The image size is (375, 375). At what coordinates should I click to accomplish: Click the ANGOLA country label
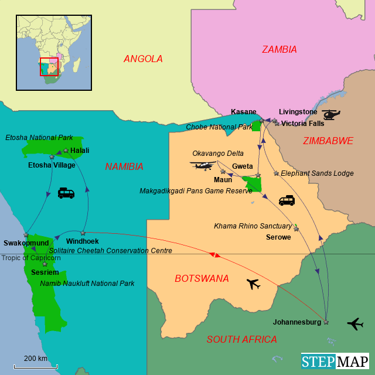pyautogui.click(x=143, y=59)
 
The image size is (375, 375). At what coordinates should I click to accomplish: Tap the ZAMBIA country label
pyautogui.click(x=279, y=50)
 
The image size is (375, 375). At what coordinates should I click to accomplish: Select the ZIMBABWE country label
pyautogui.click(x=328, y=141)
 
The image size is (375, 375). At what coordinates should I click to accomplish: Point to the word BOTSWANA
pyautogui.click(x=202, y=278)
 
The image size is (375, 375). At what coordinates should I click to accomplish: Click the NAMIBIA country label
pyautogui.click(x=124, y=166)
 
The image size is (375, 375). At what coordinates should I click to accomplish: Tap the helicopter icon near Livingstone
pyautogui.click(x=331, y=114)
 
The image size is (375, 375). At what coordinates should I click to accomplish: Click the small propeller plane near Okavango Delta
pyautogui.click(x=203, y=166)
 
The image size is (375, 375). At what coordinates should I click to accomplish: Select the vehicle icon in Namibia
pyautogui.click(x=66, y=193)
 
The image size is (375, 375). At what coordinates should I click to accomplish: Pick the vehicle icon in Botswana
pyautogui.click(x=287, y=200)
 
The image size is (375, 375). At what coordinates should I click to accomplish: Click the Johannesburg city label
pyautogui.click(x=297, y=322)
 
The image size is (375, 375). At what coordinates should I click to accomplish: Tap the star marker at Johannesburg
pyautogui.click(x=326, y=322)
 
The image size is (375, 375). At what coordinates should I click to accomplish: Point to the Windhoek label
pyautogui.click(x=83, y=241)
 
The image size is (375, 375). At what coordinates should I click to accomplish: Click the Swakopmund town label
pyautogui.click(x=26, y=243)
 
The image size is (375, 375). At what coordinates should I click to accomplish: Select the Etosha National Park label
pyautogui.click(x=39, y=138)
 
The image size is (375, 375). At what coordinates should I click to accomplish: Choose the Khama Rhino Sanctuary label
pyautogui.click(x=253, y=226)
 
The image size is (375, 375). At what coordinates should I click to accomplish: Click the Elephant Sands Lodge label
pyautogui.click(x=317, y=173)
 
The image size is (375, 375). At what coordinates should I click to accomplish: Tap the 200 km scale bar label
pyautogui.click(x=36, y=359)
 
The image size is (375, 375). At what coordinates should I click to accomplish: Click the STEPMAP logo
pyautogui.click(x=335, y=361)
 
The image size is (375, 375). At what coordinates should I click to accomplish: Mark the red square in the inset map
pyautogui.click(x=49, y=67)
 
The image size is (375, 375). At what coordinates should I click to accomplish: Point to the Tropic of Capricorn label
pyautogui.click(x=30, y=258)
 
